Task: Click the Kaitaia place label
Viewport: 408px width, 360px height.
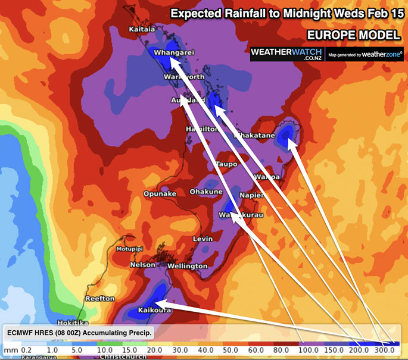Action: tap(142, 29)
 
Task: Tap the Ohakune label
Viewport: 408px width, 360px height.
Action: tap(206, 192)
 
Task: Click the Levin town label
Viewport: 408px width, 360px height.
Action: tap(203, 239)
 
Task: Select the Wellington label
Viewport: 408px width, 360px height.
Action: tap(187, 266)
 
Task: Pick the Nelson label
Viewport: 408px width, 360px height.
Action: tap(143, 265)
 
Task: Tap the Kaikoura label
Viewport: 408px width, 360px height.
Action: tap(155, 311)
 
